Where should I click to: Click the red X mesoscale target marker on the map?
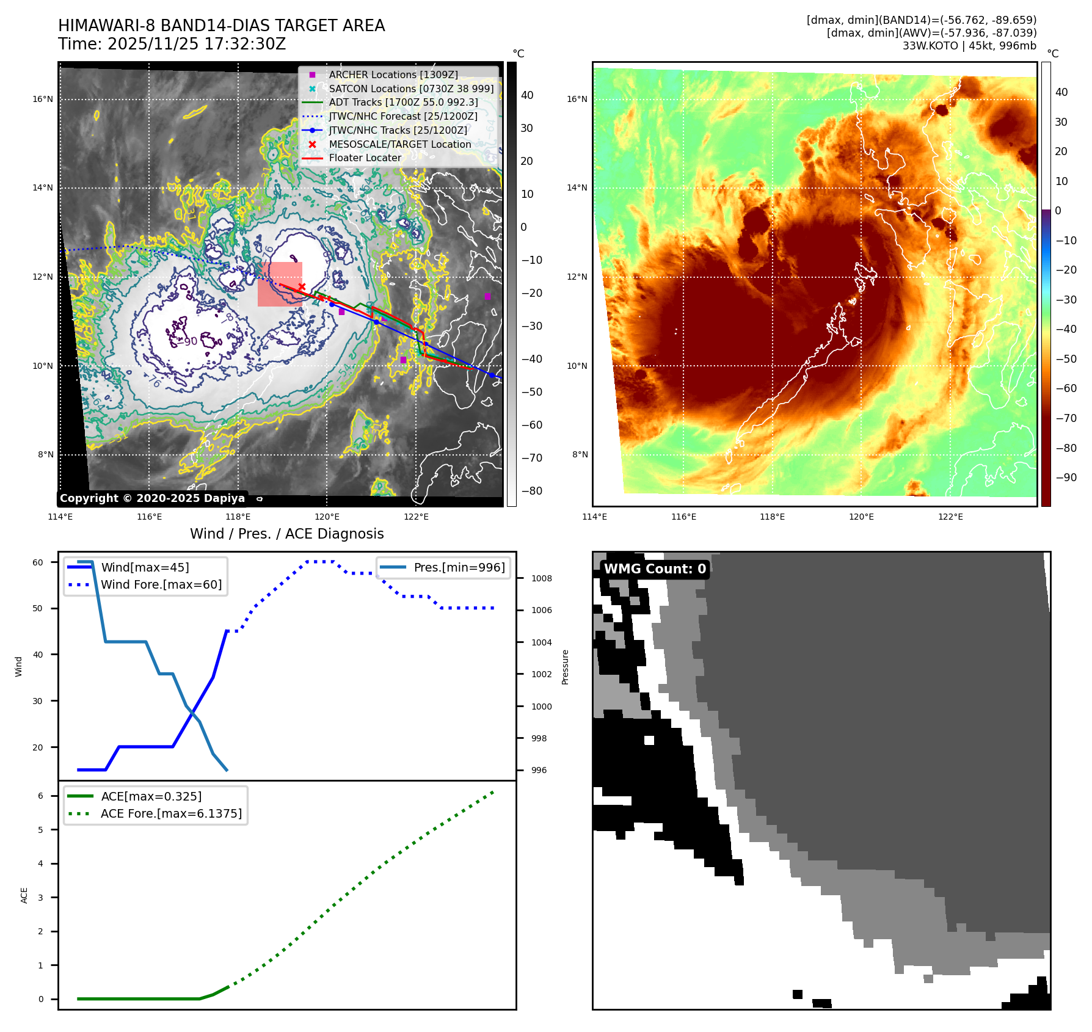[302, 286]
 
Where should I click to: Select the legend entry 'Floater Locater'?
[365, 158]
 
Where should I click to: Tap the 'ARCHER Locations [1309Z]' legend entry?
[393, 74]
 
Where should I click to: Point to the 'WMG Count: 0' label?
[655, 569]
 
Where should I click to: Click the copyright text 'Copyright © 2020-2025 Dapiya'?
[152, 498]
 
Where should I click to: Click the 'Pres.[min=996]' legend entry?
[459, 568]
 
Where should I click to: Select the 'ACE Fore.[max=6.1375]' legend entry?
[171, 813]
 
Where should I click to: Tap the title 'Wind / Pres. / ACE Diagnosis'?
[287, 534]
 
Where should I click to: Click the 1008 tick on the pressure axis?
[541, 578]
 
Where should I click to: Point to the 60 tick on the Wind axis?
[38, 562]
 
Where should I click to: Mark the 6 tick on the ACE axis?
[41, 796]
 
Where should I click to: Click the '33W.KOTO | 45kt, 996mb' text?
[969, 46]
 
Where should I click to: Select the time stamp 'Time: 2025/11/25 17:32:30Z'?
[172, 44]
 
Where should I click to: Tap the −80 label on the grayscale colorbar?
[531, 491]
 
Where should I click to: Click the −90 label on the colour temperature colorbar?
[1066, 478]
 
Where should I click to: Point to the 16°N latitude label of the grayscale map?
[43, 100]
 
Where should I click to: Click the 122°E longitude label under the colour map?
[950, 517]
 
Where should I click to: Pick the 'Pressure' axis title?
[565, 667]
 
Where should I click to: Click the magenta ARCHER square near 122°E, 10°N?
[403, 360]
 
